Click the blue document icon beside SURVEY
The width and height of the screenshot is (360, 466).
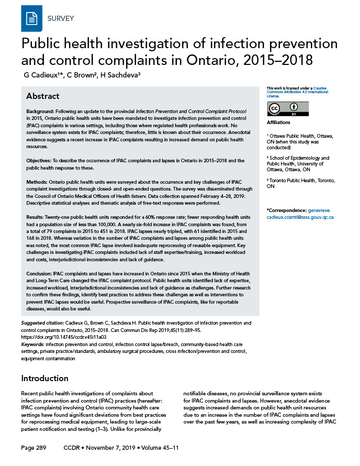click(31, 19)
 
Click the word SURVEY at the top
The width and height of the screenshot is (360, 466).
click(61, 19)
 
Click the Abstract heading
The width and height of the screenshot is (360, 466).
click(43, 96)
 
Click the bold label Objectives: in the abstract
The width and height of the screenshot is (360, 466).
click(40, 160)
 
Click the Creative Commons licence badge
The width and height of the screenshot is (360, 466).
click(288, 108)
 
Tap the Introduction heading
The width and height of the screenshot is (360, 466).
click(46, 378)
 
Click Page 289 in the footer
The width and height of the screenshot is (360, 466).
click(34, 449)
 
